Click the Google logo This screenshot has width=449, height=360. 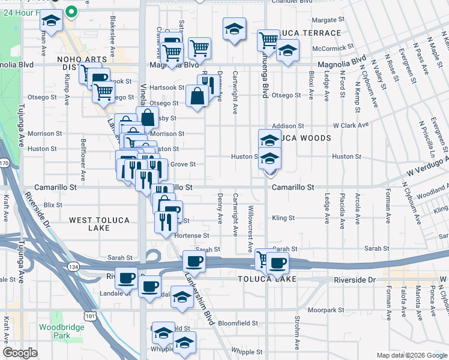tap(20, 353)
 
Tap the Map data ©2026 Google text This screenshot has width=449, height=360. tap(411, 355)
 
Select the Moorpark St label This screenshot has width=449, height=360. tap(326, 310)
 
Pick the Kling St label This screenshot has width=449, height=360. tap(283, 218)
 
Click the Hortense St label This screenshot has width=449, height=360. tap(191, 236)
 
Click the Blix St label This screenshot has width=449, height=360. tap(53, 205)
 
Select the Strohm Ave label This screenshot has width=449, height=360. tap(297, 332)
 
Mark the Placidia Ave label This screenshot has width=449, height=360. tap(342, 211)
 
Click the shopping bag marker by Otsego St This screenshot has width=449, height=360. tap(197, 95)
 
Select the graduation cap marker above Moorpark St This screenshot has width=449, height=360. tap(182, 298)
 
